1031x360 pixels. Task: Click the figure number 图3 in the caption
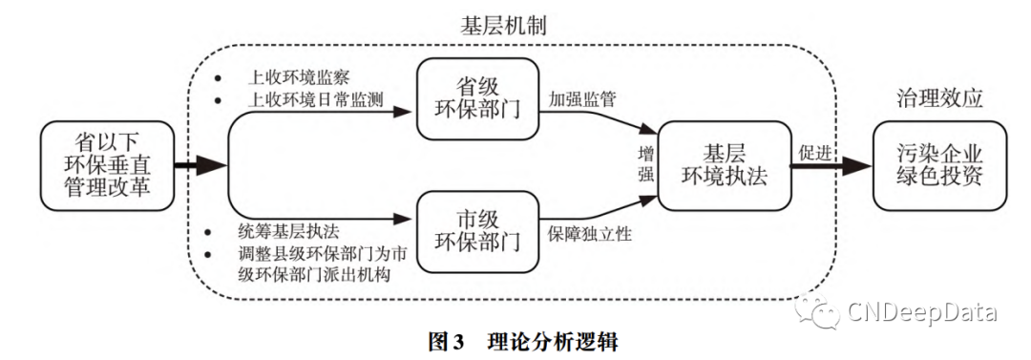click(x=446, y=340)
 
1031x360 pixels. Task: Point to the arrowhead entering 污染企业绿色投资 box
click(x=862, y=165)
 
